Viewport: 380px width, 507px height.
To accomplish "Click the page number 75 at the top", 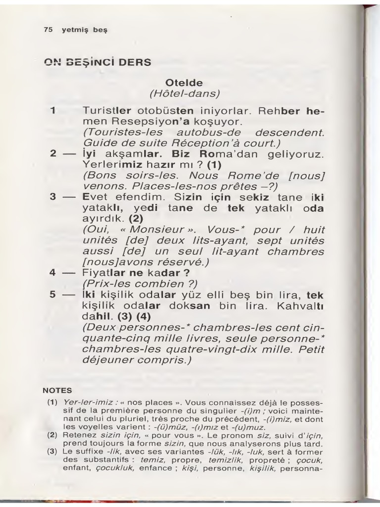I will [48, 30].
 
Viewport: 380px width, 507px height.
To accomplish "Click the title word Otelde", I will [184, 82].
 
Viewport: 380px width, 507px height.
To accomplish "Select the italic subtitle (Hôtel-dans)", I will [184, 93].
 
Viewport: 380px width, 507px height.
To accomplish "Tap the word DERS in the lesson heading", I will [135, 62].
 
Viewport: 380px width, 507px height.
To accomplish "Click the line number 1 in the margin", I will [52, 110].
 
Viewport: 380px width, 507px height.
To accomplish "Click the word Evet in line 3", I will [94, 197].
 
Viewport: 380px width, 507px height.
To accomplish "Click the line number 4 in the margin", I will [52, 273].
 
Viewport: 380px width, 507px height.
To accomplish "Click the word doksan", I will [192, 305].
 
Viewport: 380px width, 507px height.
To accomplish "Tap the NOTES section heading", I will [57, 390].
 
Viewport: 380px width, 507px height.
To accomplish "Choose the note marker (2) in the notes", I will [52, 435].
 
